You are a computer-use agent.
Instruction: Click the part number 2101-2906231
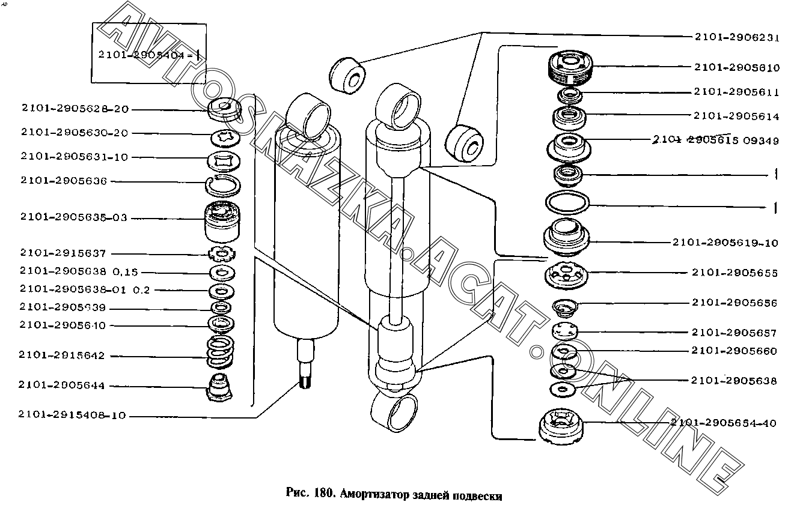737,37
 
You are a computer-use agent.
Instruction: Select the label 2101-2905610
737,68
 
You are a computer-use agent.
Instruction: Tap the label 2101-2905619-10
725,243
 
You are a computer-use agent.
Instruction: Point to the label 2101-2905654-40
724,423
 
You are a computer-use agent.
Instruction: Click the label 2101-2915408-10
72,415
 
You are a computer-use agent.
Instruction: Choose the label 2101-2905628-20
75,109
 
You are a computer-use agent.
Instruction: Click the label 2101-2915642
62,355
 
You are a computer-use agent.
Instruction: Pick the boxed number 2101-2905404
144,55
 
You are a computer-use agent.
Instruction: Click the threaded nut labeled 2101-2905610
572,68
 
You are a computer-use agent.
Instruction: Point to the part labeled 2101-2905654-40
560,426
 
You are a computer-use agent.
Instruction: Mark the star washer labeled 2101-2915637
222,254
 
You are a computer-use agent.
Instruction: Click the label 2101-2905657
734,333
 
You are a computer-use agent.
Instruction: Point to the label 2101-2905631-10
75,157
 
